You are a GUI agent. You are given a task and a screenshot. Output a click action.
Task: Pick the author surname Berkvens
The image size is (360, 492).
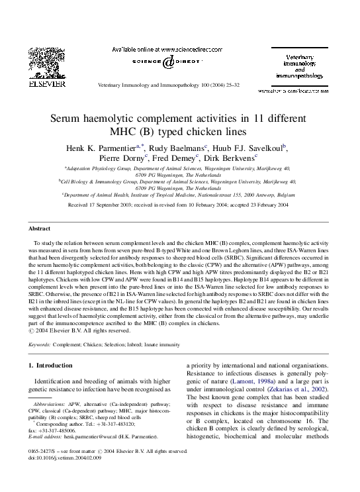pos(236,159)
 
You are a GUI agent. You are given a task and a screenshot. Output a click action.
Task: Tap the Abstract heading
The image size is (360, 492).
pos(39,228)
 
